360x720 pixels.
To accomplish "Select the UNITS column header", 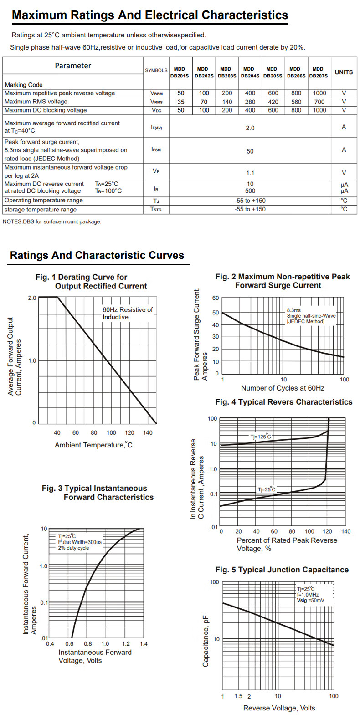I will tap(344, 72).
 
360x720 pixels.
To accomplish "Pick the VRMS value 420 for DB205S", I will tap(273, 102).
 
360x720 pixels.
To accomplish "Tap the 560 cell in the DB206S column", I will tap(296, 102).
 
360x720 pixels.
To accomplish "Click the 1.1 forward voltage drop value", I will tap(250, 173).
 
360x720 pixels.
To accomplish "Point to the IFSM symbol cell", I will tap(156, 150).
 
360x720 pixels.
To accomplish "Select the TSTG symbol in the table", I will tap(156, 209).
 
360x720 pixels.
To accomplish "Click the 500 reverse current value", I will tap(250, 191).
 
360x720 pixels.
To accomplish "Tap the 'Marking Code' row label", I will tap(24, 85).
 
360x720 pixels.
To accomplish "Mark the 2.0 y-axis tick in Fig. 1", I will tap(32, 298).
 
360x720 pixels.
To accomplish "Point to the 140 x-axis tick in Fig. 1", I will tap(148, 432).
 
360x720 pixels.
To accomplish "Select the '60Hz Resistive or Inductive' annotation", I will tap(127, 313).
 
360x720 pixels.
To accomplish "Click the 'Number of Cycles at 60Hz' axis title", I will tap(283, 388).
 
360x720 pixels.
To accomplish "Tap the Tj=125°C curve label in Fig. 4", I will tap(260, 437).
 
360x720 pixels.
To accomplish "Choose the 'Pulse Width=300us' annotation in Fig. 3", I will tap(80, 542).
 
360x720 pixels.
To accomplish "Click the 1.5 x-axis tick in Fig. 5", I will tap(238, 696).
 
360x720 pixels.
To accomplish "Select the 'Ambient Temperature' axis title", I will tap(93, 445).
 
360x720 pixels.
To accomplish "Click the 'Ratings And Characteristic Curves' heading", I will tap(97, 255).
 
